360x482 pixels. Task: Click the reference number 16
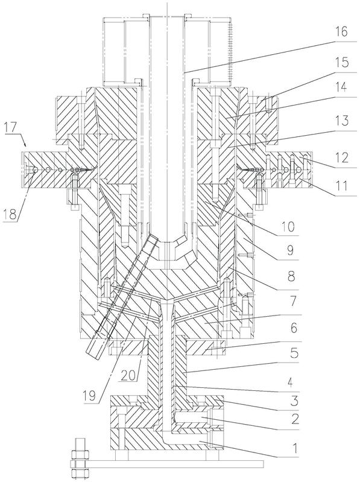(341, 32)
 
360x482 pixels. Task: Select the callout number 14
(340, 87)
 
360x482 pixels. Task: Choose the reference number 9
(290, 250)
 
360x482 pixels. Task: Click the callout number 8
(291, 276)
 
